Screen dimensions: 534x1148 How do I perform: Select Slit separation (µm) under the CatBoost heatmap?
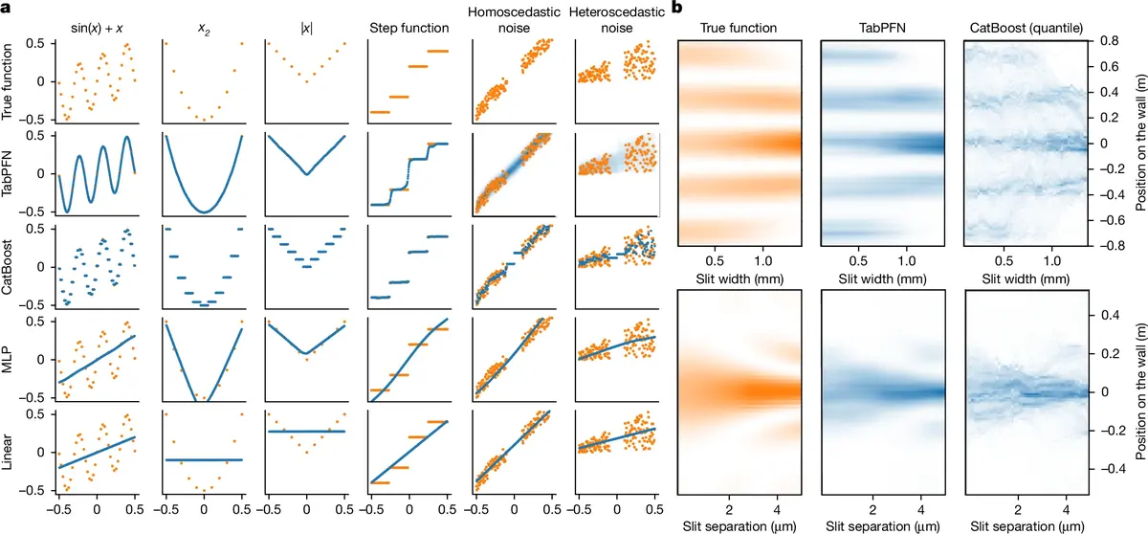[1015, 524]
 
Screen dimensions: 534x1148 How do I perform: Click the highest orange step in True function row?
[439, 51]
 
